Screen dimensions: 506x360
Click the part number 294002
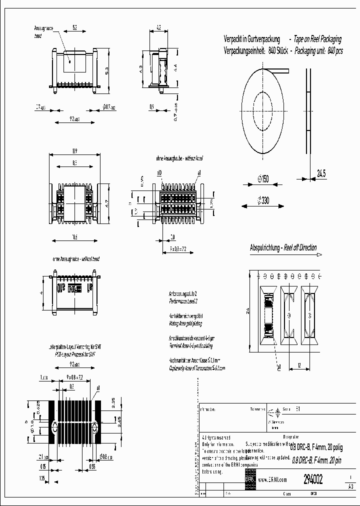coord(313,479)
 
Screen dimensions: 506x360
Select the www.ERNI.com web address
coord(272,480)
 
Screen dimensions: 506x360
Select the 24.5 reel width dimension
coord(321,173)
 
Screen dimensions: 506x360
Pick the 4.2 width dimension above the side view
coord(158,28)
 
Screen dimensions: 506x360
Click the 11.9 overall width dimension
coord(74,150)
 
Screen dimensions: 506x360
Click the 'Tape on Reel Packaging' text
coord(317,39)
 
